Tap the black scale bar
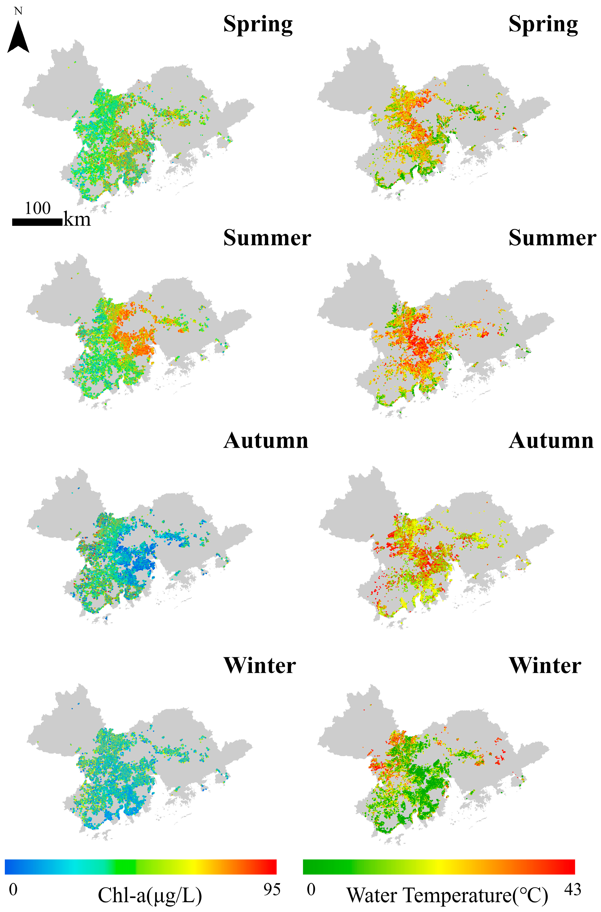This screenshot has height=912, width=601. [37, 222]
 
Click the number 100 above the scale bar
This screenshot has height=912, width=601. [38, 209]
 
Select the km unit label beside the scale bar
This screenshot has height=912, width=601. [77, 220]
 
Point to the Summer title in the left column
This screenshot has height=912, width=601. [267, 238]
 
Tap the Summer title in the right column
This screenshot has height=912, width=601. [552, 238]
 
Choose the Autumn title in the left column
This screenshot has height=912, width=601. [266, 441]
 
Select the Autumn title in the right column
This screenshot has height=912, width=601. [551, 441]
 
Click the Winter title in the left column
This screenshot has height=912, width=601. [260, 666]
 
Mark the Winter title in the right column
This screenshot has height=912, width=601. [545, 666]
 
